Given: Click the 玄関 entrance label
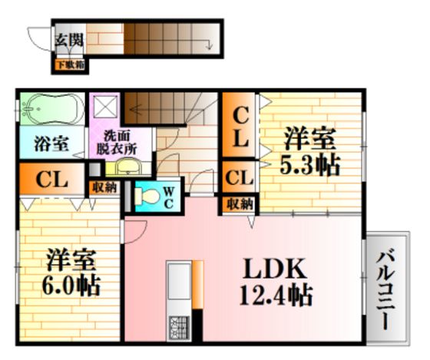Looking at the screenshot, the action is (x=69, y=41).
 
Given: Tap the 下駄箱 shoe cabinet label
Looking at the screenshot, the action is (x=70, y=65).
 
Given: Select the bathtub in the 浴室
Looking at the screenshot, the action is (x=52, y=108).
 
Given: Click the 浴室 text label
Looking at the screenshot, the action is (x=51, y=144).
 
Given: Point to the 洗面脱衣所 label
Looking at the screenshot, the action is (x=117, y=142).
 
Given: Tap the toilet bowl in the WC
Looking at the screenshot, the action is (x=147, y=196).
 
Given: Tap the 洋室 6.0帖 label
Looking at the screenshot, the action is (x=71, y=272).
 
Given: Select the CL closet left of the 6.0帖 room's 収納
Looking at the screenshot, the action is (x=52, y=179).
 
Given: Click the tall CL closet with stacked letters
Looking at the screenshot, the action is (x=239, y=125).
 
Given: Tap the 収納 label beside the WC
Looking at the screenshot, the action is (x=104, y=188).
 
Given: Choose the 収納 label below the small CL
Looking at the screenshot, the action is (x=240, y=204).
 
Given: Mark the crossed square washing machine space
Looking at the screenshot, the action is (x=106, y=107).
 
